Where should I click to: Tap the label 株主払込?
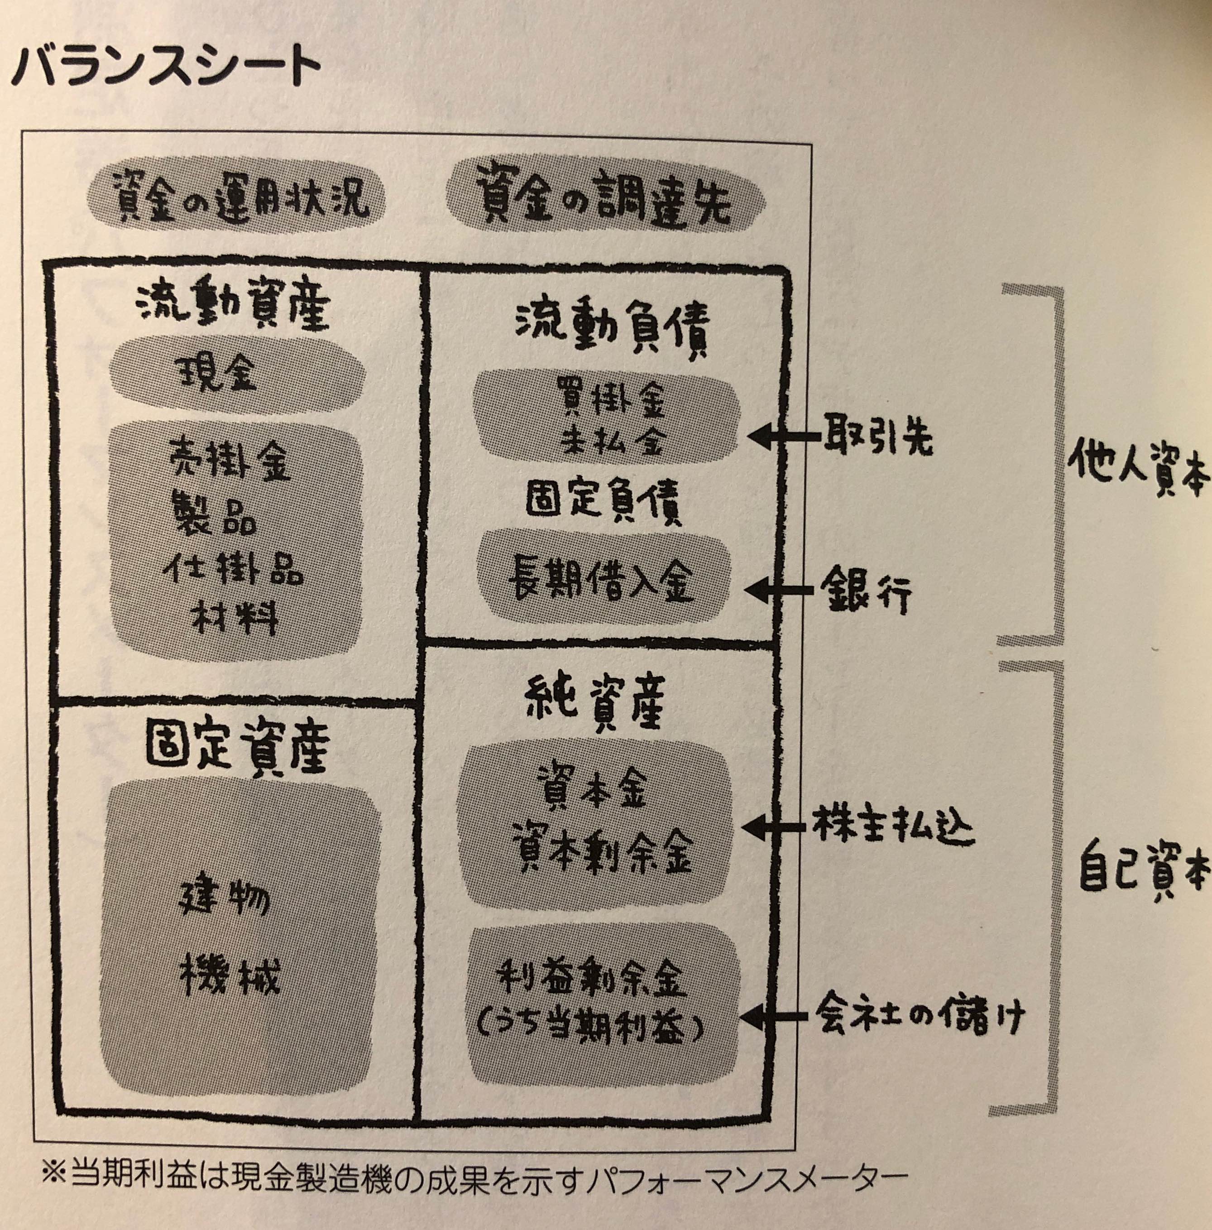pos(892,828)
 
